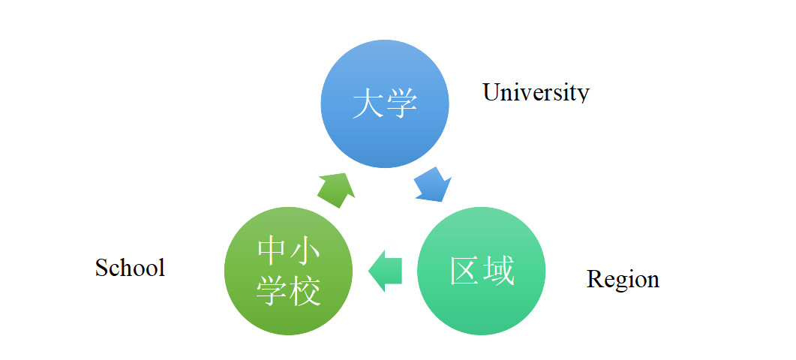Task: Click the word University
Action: tap(536, 92)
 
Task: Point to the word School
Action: tap(130, 267)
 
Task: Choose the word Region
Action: tap(623, 279)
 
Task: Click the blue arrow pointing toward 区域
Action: tap(433, 184)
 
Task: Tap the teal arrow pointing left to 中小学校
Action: tap(386, 270)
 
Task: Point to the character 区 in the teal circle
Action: tap(465, 271)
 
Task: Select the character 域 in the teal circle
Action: tap(498, 271)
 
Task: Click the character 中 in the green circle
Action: tap(272, 252)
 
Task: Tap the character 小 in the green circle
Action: tap(305, 252)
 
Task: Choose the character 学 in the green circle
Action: tap(272, 290)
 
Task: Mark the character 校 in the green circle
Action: tap(305, 290)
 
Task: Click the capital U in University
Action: tap(491, 92)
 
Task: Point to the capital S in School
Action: tap(102, 267)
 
